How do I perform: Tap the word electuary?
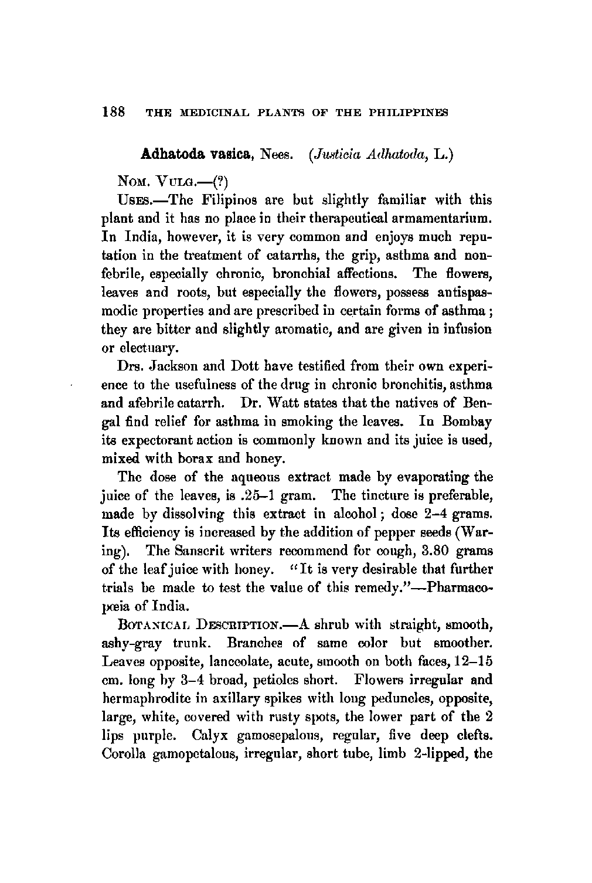click(x=140, y=348)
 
